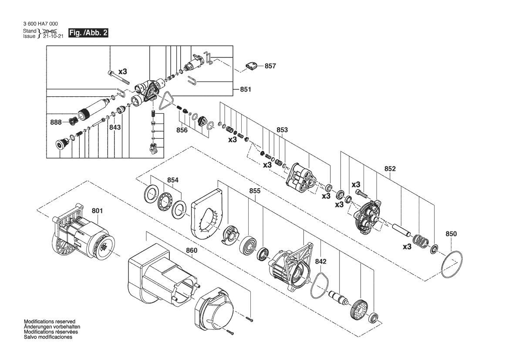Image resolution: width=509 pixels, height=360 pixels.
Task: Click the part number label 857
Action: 270,66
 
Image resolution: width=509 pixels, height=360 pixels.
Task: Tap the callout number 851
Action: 246,89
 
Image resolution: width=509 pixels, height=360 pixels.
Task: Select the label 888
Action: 56,122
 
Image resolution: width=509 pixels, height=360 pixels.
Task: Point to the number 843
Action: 115,127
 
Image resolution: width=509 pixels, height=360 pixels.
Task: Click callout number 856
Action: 182,130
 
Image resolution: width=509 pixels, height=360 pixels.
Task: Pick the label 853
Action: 282,129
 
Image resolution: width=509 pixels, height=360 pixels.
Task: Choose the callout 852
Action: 390,169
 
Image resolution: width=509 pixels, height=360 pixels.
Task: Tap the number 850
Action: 451,234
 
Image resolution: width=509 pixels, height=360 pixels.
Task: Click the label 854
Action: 173,180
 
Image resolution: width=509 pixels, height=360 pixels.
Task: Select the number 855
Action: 254,191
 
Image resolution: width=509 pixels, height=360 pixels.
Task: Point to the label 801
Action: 97,211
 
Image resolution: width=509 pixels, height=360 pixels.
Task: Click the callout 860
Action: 192,251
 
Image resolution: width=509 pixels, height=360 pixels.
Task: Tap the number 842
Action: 321,262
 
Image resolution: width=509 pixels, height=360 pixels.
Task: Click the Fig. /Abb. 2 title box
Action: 88,33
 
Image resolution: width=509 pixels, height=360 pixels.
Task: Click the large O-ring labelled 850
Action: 452,265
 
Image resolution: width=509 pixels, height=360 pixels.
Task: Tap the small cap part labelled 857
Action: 251,65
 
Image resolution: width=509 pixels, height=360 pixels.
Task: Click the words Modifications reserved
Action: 50,322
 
